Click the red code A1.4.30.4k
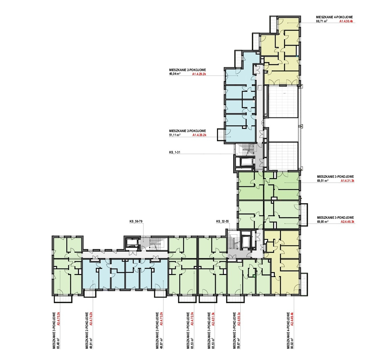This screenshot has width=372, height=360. (346, 21)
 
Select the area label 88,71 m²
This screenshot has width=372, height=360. (322, 21)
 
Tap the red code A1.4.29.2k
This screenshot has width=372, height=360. (199, 74)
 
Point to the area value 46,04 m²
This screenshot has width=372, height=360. (175, 74)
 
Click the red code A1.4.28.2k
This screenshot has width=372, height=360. (199, 135)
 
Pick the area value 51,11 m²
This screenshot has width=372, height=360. (175, 135)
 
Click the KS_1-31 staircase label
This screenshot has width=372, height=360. (175, 152)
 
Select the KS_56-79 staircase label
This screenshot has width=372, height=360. (136, 221)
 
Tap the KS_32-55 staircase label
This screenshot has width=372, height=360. (222, 221)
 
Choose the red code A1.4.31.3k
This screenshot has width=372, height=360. (348, 181)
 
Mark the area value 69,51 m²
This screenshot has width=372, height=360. (323, 181)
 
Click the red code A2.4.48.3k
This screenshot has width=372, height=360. (348, 222)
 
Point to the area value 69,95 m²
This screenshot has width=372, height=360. (323, 222)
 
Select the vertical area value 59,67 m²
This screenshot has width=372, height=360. (239, 343)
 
